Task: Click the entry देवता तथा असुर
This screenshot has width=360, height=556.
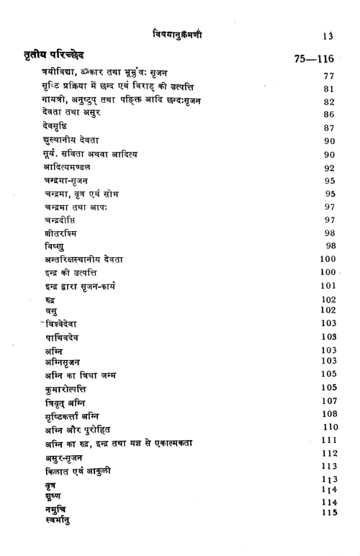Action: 71,114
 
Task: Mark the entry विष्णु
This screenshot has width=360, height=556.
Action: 52,246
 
